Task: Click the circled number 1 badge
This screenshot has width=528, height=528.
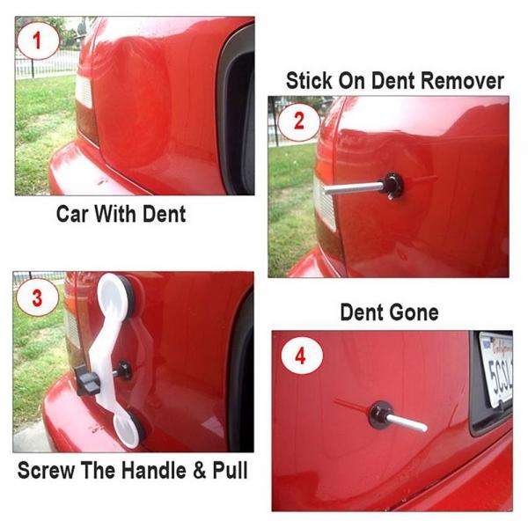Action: pyautogui.click(x=35, y=40)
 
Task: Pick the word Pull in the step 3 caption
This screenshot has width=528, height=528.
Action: pyautogui.click(x=225, y=472)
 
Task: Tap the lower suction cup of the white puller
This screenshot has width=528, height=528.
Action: pyautogui.click(x=129, y=429)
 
